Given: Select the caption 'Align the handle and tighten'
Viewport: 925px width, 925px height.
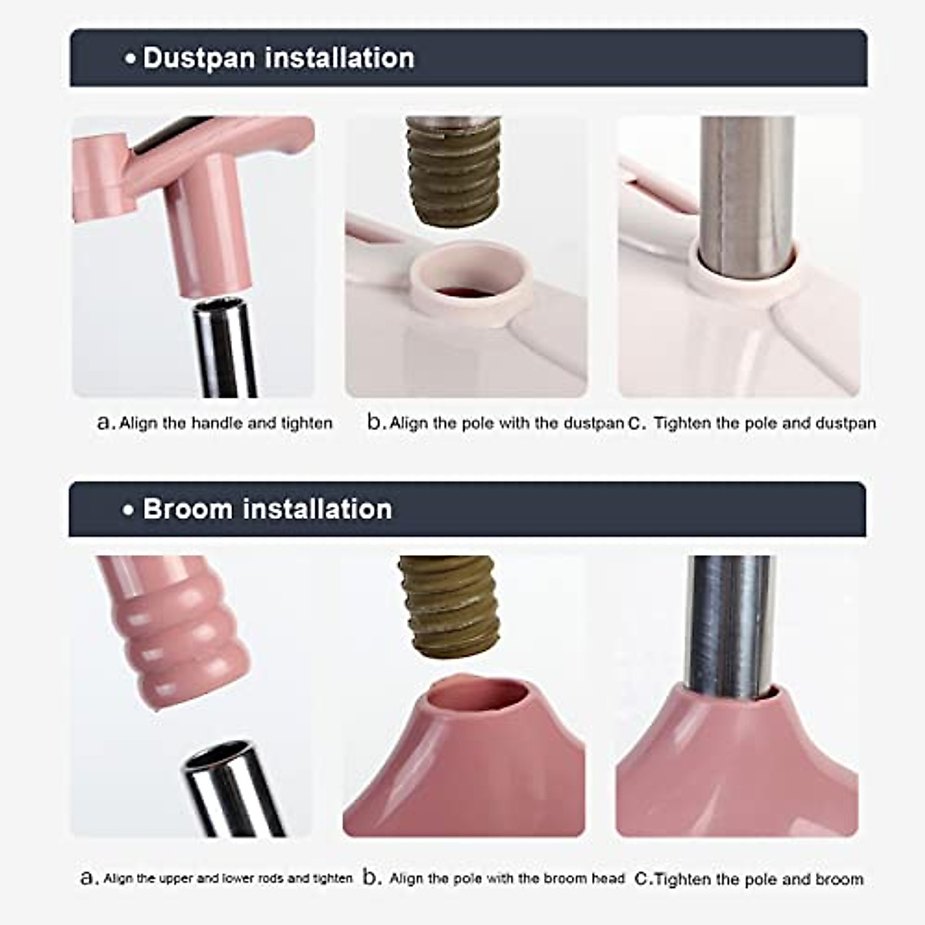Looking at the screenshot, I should pos(225,423).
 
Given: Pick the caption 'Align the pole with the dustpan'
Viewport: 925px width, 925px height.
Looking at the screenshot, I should pos(506,423).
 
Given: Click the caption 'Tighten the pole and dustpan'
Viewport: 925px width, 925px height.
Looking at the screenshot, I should pos(765,423).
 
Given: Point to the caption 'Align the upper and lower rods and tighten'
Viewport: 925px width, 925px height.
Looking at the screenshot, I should pos(227,878).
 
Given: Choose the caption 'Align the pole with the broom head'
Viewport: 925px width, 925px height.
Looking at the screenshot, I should pos(506,878).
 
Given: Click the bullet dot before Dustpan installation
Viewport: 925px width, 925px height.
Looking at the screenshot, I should pos(131,59).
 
